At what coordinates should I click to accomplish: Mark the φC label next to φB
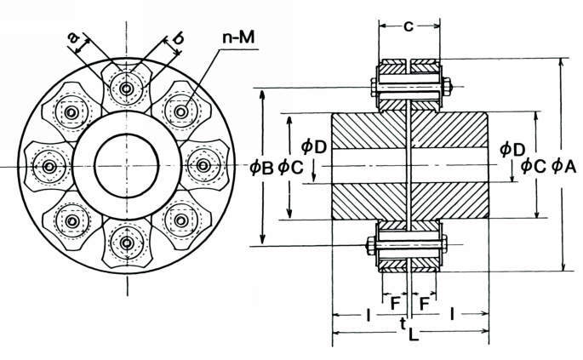tap(290, 168)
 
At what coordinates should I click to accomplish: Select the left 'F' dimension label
tap(395, 302)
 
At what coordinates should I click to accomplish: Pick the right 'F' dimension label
tap(423, 302)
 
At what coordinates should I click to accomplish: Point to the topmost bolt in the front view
tap(127, 88)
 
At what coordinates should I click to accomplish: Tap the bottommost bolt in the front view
tap(127, 243)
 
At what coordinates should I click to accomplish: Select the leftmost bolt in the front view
tap(48, 165)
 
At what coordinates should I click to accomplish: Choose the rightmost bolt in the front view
tap(205, 165)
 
